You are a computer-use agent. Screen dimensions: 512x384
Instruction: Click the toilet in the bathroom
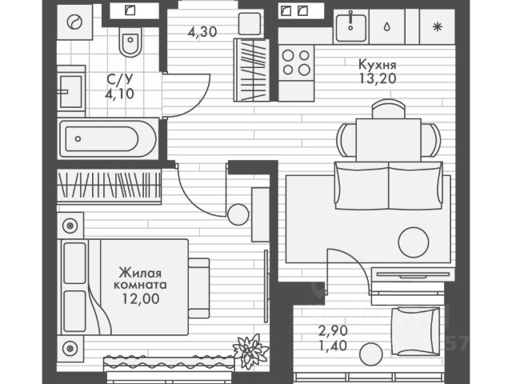point(129,42)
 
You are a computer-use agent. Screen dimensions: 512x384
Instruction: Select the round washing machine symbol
point(75,23)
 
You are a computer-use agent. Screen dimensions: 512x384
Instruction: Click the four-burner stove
point(297,62)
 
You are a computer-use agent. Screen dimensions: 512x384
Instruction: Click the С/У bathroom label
point(120,79)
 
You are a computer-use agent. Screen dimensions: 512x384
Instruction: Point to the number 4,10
point(120,92)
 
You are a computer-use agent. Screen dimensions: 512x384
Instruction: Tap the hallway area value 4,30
point(202,34)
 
